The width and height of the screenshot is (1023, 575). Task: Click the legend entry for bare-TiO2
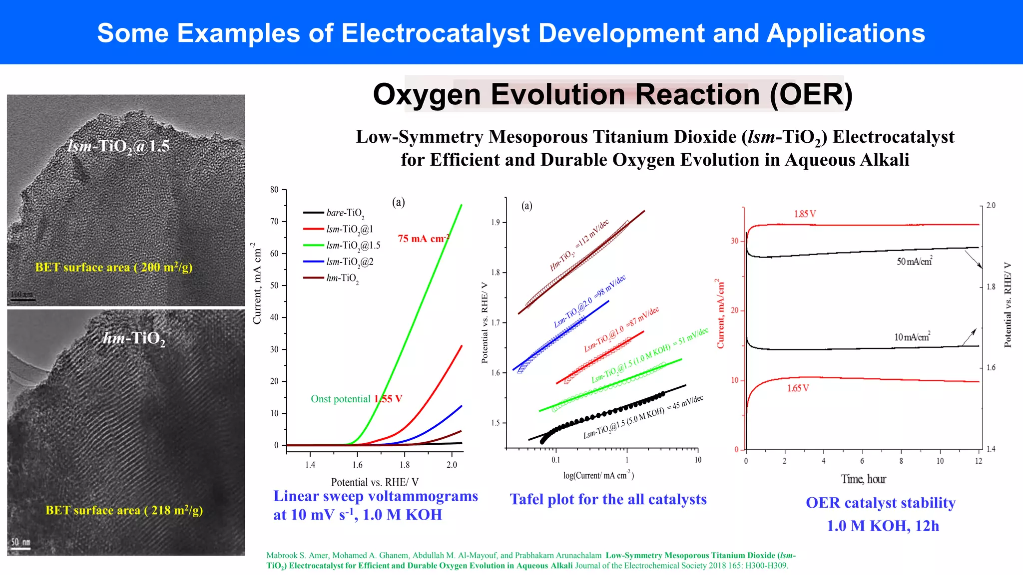345,213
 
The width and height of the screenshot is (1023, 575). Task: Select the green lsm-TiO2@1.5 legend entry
353,246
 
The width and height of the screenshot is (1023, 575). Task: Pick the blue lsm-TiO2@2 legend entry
349,262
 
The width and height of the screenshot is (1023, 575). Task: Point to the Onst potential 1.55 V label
356,399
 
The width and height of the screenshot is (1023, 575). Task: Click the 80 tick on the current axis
274,190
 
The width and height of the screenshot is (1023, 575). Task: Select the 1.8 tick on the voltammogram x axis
405,465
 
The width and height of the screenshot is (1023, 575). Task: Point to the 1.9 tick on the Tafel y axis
495,223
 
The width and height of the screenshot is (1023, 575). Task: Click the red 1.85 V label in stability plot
805,214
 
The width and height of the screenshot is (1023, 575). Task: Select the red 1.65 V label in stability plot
798,388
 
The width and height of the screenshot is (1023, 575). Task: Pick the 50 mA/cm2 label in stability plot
914,261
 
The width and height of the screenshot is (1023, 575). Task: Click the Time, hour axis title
863,479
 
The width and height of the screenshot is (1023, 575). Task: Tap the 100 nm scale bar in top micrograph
23,296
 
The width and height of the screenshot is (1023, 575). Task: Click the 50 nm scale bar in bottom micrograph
20,544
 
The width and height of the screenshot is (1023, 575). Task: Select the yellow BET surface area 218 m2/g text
124,510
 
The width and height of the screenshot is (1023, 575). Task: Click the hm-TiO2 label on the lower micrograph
134,338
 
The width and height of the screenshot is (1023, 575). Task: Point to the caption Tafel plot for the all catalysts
608,499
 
